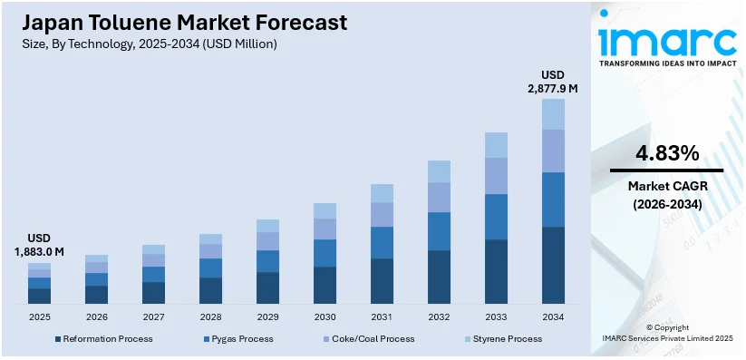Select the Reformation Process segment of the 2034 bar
click(553, 265)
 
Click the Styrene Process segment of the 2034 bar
click(553, 113)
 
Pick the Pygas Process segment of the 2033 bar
click(496, 217)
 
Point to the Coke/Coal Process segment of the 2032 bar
click(439, 197)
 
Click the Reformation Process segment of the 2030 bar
click(325, 285)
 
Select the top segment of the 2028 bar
click(210, 238)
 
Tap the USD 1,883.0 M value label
click(39, 244)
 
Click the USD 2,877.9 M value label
click(553, 81)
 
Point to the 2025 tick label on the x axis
click(39, 316)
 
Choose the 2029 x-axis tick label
click(267, 316)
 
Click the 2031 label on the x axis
click(382, 316)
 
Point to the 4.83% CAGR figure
click(667, 152)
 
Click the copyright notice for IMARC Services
click(667, 332)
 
